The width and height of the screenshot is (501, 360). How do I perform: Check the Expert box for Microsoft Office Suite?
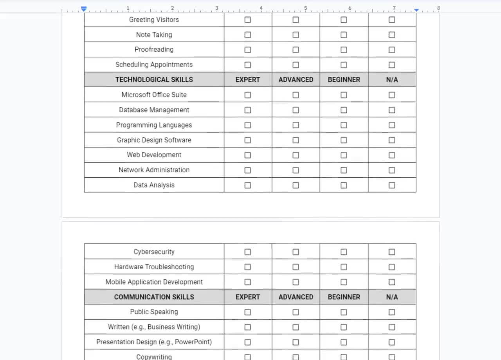[247, 95]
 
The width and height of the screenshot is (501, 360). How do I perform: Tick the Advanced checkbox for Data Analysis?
[296, 185]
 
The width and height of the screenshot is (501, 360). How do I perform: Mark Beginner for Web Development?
[344, 155]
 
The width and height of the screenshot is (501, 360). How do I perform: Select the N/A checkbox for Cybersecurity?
[392, 252]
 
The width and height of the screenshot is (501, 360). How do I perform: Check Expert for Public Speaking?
[247, 312]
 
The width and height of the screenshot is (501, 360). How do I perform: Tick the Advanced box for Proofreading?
[296, 50]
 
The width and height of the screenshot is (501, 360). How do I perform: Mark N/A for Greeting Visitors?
[392, 20]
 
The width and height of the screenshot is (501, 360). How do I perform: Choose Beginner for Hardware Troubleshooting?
[344, 267]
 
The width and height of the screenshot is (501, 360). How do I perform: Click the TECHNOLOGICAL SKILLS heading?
[154, 79]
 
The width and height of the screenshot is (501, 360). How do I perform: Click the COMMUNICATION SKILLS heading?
[154, 297]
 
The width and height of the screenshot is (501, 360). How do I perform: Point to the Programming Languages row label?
[154, 125]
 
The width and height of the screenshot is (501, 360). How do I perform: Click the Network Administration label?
[154, 170]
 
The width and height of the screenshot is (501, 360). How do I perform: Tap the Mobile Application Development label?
[154, 282]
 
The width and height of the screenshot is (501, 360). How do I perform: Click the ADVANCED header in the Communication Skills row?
[296, 297]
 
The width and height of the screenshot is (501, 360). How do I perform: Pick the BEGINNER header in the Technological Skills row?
[344, 79]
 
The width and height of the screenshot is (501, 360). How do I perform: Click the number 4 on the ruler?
[261, 8]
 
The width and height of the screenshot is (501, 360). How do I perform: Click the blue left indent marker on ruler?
[83, 9]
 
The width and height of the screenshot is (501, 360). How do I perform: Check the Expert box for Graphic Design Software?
[247, 140]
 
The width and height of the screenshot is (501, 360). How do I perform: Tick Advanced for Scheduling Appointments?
[296, 65]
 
